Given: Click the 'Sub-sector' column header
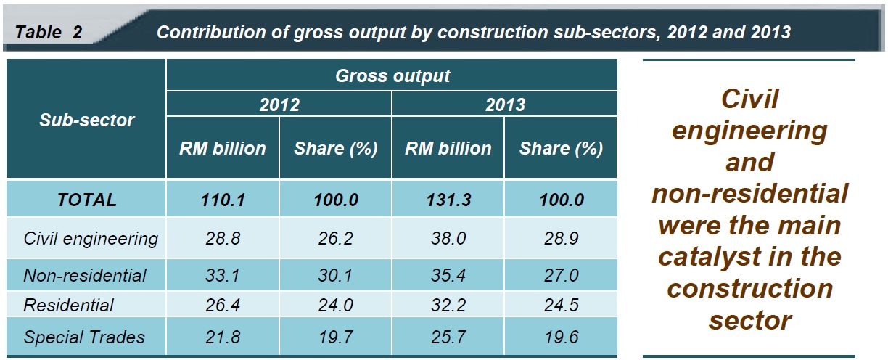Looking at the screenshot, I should tap(86, 120).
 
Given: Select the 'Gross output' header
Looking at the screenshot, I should tap(392, 75).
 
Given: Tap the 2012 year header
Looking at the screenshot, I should tap(279, 105).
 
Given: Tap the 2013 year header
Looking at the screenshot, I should tap(505, 105).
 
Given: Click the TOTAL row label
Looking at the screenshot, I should tap(86, 200).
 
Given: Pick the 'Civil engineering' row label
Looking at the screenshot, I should tap(91, 238).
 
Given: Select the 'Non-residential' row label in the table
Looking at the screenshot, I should tap(85, 276).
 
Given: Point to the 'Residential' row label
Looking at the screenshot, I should tap(68, 306).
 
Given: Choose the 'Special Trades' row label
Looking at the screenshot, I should tap(84, 337).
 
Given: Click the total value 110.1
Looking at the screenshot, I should tap(223, 200).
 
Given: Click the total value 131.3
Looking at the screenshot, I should tap(448, 200).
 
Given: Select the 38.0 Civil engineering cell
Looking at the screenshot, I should tap(448, 238).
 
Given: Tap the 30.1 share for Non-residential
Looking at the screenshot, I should tap(336, 276).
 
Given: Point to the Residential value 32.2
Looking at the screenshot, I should tap(448, 306).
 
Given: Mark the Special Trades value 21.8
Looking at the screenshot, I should tap(223, 337).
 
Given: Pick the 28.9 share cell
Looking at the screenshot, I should tap(561, 238).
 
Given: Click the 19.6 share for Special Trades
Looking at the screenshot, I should tap(561, 337).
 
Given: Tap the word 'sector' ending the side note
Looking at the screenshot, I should tap(750, 319).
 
